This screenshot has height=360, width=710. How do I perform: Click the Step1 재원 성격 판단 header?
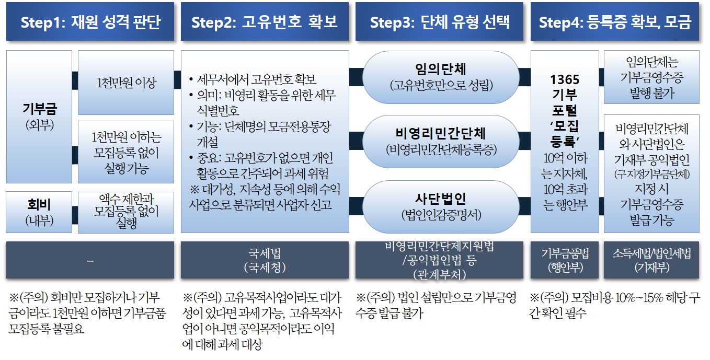click(x=90, y=22)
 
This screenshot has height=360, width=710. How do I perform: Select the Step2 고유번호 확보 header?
click(x=264, y=22)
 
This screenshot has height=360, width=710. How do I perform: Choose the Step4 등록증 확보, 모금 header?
click(x=615, y=22)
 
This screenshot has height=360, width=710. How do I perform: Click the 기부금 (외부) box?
click(x=39, y=116)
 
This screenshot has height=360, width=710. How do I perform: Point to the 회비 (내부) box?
click(x=39, y=212)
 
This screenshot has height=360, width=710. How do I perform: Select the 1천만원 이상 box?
click(x=126, y=83)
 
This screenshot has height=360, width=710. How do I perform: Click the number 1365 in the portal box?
click(x=565, y=79)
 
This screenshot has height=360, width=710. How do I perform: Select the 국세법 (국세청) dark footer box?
click(x=264, y=260)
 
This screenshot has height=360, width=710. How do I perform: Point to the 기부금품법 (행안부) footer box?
click(x=565, y=260)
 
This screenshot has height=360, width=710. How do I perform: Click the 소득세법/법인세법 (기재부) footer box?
click(x=651, y=260)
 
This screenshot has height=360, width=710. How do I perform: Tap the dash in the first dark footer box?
click(x=90, y=260)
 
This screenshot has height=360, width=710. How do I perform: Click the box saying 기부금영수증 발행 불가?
click(x=651, y=77)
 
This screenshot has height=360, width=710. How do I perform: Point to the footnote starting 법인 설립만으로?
click(x=437, y=305)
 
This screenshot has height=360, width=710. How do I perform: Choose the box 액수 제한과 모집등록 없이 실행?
click(x=126, y=212)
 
